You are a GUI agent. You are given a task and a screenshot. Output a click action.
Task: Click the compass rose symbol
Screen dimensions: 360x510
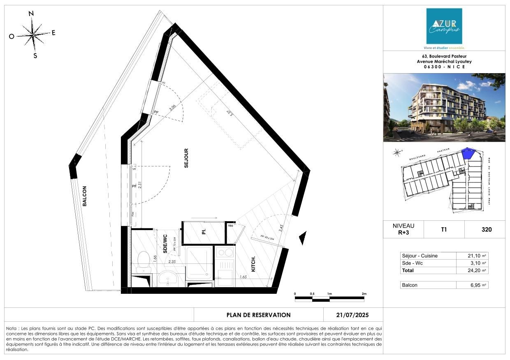click(x=32, y=34)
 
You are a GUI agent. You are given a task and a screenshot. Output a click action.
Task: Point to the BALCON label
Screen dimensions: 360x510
click(x=84, y=196)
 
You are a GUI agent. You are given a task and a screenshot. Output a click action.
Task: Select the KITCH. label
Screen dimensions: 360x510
click(x=253, y=264)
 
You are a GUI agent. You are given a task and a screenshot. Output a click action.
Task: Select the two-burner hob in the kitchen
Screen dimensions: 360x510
click(x=225, y=252)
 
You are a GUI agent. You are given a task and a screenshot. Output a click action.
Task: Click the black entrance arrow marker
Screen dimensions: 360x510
click(x=303, y=238)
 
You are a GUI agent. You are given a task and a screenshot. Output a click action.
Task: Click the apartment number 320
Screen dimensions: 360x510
click(x=487, y=230)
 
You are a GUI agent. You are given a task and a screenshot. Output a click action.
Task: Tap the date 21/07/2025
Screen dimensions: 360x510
click(x=352, y=315)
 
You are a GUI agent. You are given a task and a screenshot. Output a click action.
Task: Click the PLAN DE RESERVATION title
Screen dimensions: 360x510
click(x=258, y=315)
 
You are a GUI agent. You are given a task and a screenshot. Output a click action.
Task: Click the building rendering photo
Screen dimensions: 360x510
click(x=444, y=108)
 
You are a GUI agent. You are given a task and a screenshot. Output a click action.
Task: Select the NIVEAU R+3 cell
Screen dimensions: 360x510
click(x=403, y=229)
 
